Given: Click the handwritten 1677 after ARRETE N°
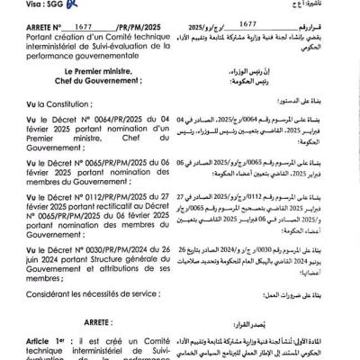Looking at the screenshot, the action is [x=87, y=28].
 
